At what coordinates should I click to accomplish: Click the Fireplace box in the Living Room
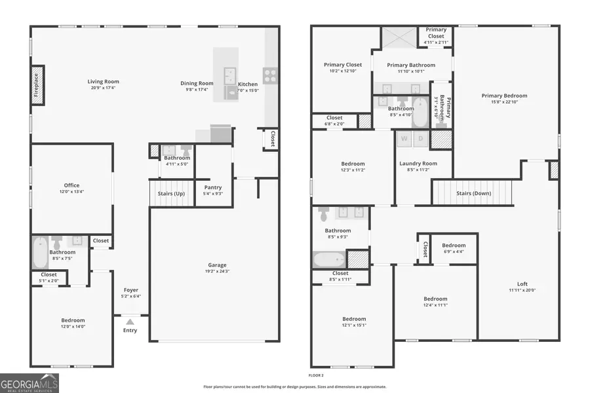[37, 84]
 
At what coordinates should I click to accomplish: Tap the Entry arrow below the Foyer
[130, 322]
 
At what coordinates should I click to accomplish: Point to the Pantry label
[213, 187]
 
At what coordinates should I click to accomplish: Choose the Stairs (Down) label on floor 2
[474, 193]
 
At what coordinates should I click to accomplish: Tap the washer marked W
[404, 138]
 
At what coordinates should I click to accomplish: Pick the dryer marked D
[420, 138]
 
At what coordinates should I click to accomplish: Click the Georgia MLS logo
[29, 382]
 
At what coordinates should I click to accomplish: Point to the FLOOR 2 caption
[317, 375]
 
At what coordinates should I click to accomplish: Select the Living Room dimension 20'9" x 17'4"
[104, 88]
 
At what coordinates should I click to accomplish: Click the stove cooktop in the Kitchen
[270, 75]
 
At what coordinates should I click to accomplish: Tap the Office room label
[71, 185]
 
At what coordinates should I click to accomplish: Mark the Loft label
[522, 284]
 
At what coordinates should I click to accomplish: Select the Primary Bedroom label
[504, 96]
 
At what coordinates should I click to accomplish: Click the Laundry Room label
[418, 163]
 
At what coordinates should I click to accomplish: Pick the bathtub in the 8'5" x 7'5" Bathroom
[40, 252]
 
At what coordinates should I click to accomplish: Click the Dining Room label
[197, 83]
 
